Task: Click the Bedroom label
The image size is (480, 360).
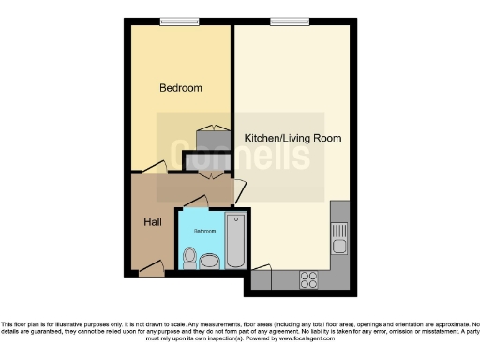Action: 180,88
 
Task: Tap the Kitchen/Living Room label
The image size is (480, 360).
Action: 292,138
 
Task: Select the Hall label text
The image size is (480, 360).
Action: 152,222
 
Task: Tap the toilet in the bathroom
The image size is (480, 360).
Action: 189,256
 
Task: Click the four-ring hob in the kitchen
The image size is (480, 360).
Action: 307,278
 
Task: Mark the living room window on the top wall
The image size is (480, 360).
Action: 284,22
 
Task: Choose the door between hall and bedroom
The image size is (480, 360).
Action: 155,169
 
